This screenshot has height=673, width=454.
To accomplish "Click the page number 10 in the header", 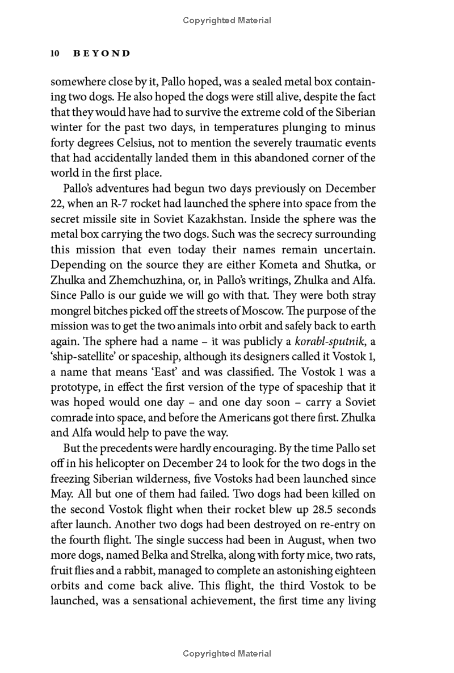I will click(x=55, y=53).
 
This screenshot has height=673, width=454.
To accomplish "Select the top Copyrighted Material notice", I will click(x=227, y=20).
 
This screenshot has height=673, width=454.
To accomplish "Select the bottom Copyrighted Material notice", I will click(x=227, y=654).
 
